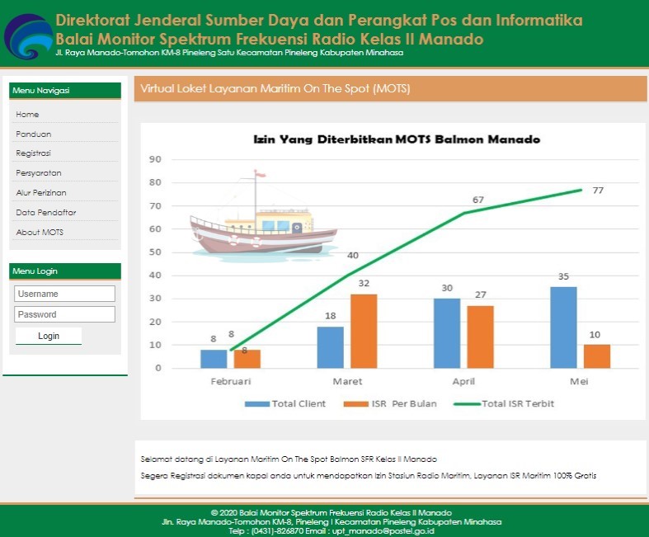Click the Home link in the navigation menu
(x=27, y=115)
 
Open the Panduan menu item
(x=33, y=134)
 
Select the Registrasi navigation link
(x=33, y=153)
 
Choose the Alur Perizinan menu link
(x=41, y=193)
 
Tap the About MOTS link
(x=40, y=233)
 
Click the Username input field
(x=64, y=294)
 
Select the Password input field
(x=64, y=314)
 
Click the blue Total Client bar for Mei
(x=563, y=327)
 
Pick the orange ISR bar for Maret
(x=363, y=331)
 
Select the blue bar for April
(x=446, y=333)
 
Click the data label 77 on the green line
(x=598, y=191)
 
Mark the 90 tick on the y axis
(x=155, y=159)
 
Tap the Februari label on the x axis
(x=230, y=382)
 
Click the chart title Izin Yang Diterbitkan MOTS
(x=396, y=140)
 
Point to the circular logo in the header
(x=27, y=35)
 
